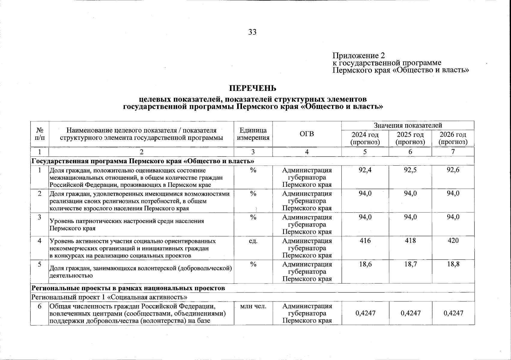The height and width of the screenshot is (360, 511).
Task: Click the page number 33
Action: tap(252, 32)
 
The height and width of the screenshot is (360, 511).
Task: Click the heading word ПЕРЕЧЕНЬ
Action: tap(252, 88)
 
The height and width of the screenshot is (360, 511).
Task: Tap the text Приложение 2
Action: tap(358, 55)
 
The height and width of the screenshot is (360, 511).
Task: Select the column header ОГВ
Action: tap(307, 134)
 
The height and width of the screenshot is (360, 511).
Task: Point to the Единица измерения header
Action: tap(253, 134)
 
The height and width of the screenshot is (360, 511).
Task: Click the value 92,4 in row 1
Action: tap(365, 170)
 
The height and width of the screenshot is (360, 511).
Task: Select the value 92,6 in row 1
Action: tap(453, 170)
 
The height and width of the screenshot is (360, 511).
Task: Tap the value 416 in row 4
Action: tap(365, 241)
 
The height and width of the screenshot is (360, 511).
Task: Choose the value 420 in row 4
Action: tap(453, 241)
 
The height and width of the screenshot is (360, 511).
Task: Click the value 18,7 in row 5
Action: tap(410, 264)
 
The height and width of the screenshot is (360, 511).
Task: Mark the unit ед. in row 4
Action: tap(253, 241)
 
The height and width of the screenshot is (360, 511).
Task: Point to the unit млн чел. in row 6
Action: tap(253, 306)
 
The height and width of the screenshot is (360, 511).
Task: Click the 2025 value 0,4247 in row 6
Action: tap(410, 313)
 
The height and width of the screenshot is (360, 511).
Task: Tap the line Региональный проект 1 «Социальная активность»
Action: tap(110, 297)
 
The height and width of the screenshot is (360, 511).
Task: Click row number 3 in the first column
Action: tap(39, 217)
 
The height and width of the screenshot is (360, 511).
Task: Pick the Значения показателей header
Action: tap(408, 125)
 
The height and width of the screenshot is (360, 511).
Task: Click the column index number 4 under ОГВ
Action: tap(307, 152)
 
